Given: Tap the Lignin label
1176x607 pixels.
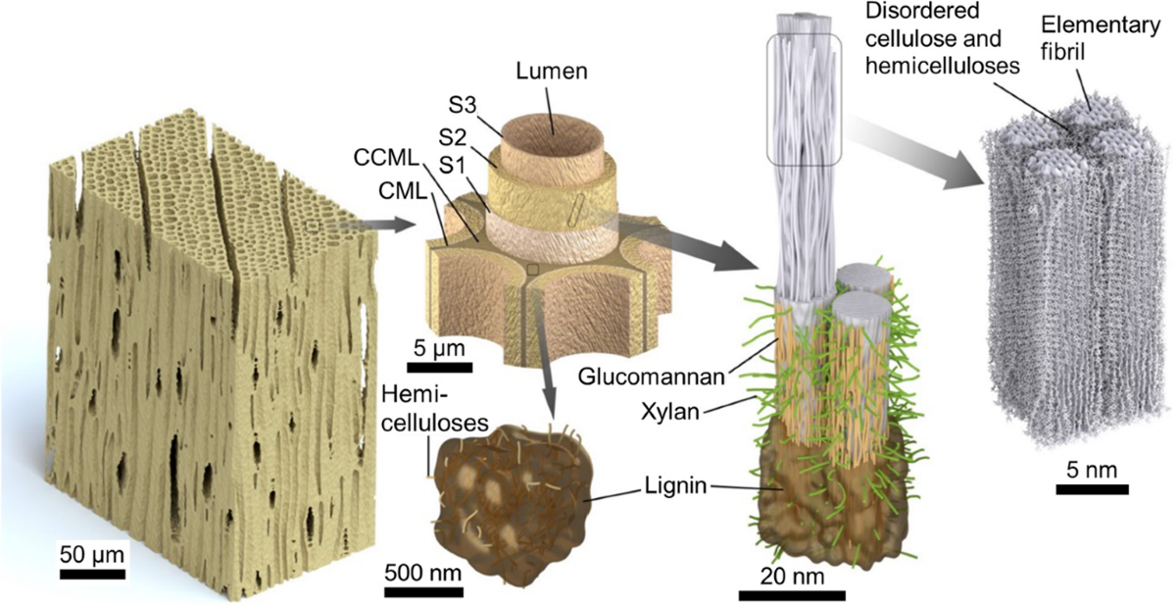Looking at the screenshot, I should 678,485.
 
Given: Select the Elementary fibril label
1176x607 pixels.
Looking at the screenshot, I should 1090,35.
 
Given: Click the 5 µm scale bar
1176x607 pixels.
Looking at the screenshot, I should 439,369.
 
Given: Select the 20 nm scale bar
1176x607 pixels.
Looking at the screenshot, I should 792,594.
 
